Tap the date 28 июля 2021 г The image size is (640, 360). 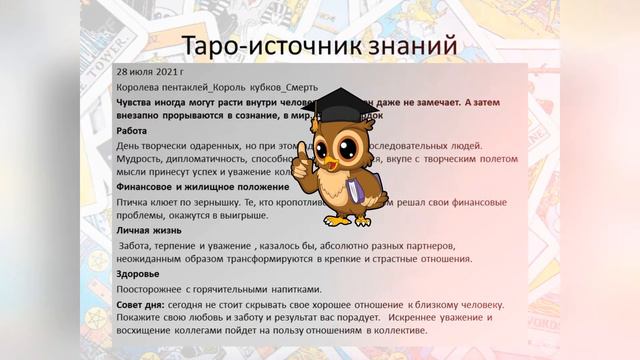pyautogui.click(x=150, y=72)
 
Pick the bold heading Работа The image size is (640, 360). pyautogui.click(x=132, y=130)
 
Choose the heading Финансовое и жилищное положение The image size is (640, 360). pyautogui.click(x=203, y=186)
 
